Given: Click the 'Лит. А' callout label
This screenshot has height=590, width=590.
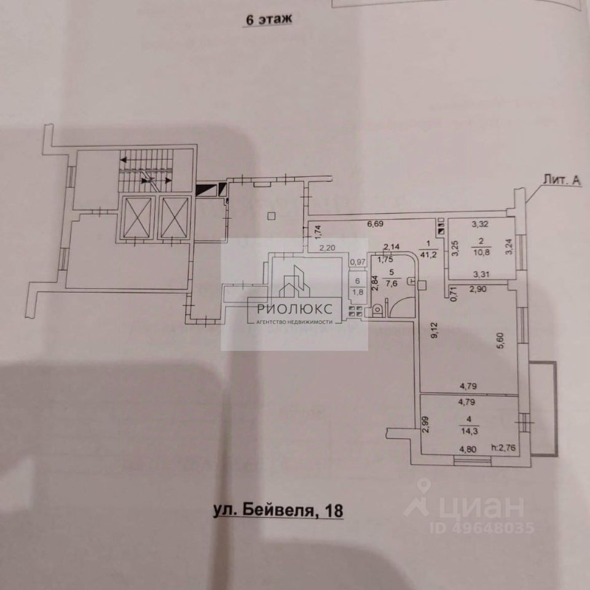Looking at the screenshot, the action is click(x=562, y=179).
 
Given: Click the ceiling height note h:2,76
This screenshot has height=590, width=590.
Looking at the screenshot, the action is click(x=504, y=448).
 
